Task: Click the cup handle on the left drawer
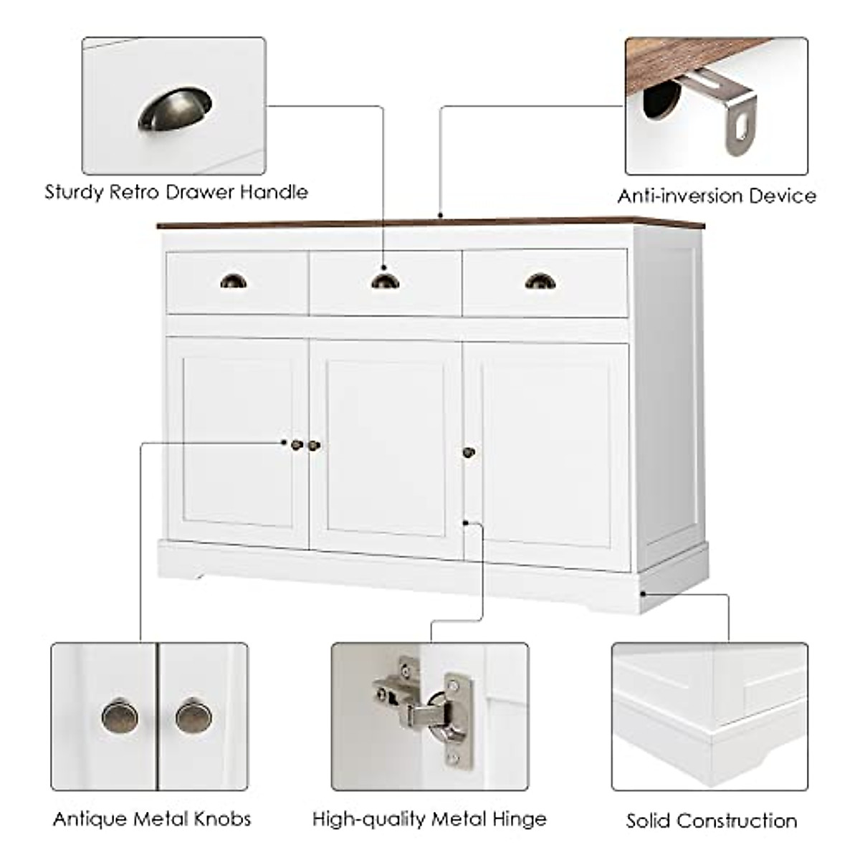point(233,281)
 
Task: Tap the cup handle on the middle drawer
point(386,282)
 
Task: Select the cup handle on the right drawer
point(540,281)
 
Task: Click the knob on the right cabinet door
point(469,452)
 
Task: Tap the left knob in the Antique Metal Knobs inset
point(120,717)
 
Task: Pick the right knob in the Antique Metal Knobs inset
point(193,717)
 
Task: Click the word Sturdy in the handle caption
point(74,193)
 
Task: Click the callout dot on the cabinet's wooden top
point(440,215)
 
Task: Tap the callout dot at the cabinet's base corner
point(643,593)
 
